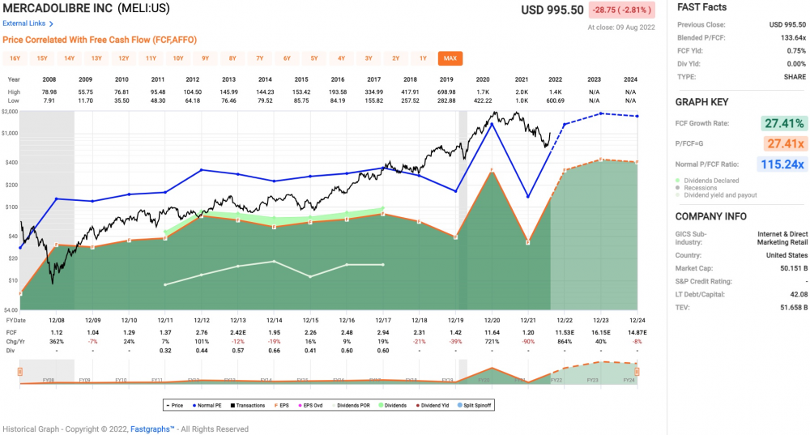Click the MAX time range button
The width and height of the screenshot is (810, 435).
click(450, 58)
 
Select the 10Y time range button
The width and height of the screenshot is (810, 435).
click(178, 58)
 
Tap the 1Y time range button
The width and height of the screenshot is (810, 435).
click(423, 58)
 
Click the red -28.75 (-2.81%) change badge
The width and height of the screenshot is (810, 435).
click(620, 11)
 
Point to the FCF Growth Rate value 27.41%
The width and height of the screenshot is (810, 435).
click(782, 124)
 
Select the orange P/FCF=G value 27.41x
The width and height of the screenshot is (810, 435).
click(782, 144)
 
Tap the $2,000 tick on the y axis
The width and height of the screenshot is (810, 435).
click(10, 111)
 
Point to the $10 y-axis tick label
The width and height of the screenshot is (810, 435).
click(13, 280)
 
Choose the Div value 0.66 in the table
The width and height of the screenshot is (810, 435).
click(274, 352)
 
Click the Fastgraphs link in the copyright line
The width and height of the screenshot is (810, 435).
click(152, 429)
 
